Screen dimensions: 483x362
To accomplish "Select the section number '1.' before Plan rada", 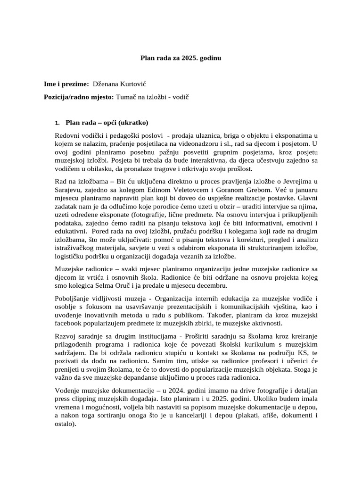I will [x=58, y=123].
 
